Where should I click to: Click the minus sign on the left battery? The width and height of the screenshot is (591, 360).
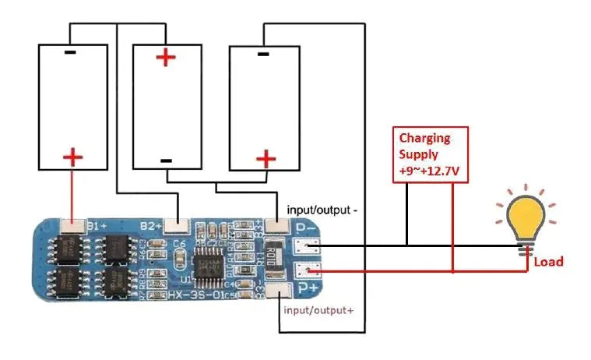[x=70, y=53]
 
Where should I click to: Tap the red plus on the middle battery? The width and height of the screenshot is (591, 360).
[x=165, y=58]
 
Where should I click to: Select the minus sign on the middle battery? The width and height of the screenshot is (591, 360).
[x=165, y=160]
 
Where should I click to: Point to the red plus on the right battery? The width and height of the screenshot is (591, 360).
[x=266, y=160]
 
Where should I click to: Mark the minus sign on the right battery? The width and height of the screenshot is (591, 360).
[x=263, y=54]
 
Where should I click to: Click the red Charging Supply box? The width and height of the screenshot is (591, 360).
[x=430, y=154]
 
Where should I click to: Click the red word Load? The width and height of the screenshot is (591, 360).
[x=548, y=262]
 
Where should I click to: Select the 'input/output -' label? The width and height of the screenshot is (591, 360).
[x=322, y=210]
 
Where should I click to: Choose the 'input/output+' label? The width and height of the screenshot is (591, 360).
[x=319, y=310]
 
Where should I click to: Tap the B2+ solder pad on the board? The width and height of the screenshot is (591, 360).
[x=178, y=226]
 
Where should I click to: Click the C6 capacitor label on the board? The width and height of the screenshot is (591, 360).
[x=180, y=244]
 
